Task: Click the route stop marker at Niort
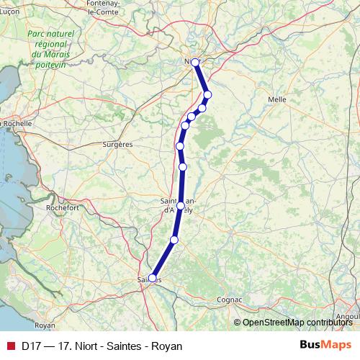click(195, 63)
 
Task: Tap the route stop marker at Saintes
click(152, 277)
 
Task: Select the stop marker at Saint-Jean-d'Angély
click(180, 205)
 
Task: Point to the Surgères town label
click(118, 144)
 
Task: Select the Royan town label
click(45, 325)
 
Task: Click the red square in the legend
click(10, 346)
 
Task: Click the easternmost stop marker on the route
click(207, 94)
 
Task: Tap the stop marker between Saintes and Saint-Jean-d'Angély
click(174, 240)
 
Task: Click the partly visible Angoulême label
click(349, 316)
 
